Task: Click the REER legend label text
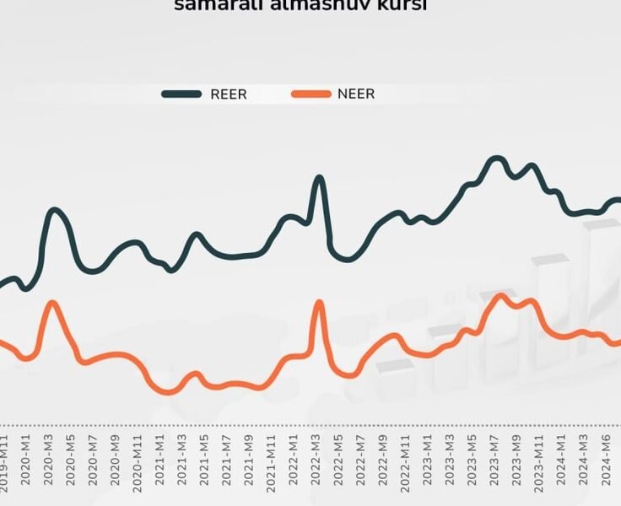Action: point(229,94)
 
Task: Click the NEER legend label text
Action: point(356,94)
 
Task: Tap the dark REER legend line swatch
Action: point(182,94)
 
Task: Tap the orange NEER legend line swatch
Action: point(311,94)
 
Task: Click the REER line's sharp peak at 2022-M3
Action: point(319,178)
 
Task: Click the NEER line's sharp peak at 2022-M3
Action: point(319,302)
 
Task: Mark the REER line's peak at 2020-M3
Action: point(55,210)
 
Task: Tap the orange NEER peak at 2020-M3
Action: point(53,303)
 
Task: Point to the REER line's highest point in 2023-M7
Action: point(496,158)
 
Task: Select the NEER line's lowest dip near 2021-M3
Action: point(168,392)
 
